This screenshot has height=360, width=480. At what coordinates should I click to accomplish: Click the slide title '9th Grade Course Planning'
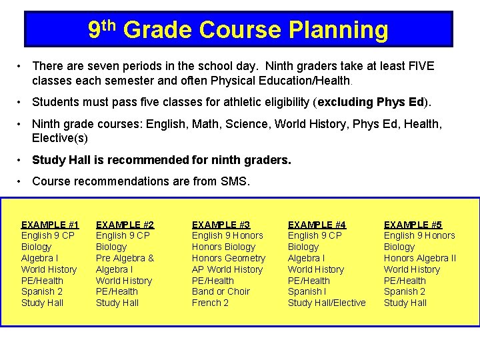coord(238,30)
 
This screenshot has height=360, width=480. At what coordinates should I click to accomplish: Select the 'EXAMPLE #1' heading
coord(50,225)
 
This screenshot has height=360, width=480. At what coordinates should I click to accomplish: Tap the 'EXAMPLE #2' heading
coord(125,225)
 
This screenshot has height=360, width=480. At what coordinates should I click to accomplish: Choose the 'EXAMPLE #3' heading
coord(221,225)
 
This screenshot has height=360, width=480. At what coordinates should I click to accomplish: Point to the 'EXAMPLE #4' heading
coord(317,225)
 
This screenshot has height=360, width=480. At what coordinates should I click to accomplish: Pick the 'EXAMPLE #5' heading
coord(413,225)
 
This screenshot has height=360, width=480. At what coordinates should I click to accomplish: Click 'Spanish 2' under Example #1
coord(42,291)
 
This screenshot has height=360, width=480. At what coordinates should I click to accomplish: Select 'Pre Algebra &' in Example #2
coord(125,258)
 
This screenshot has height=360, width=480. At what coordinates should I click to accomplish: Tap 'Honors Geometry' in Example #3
coord(229,258)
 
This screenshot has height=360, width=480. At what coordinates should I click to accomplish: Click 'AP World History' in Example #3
coord(227,269)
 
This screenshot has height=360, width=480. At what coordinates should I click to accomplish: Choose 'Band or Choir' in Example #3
coord(221,291)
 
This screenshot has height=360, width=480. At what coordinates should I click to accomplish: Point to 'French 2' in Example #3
coord(210,303)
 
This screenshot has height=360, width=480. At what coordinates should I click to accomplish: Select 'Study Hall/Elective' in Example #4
coord(327,303)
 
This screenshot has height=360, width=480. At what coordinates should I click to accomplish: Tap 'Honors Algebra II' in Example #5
coord(420,258)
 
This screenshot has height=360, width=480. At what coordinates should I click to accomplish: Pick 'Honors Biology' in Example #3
coord(223,247)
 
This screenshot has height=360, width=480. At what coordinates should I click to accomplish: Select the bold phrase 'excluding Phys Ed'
coord(371,102)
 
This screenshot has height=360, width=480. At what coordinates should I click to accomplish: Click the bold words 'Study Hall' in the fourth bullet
coord(58,160)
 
